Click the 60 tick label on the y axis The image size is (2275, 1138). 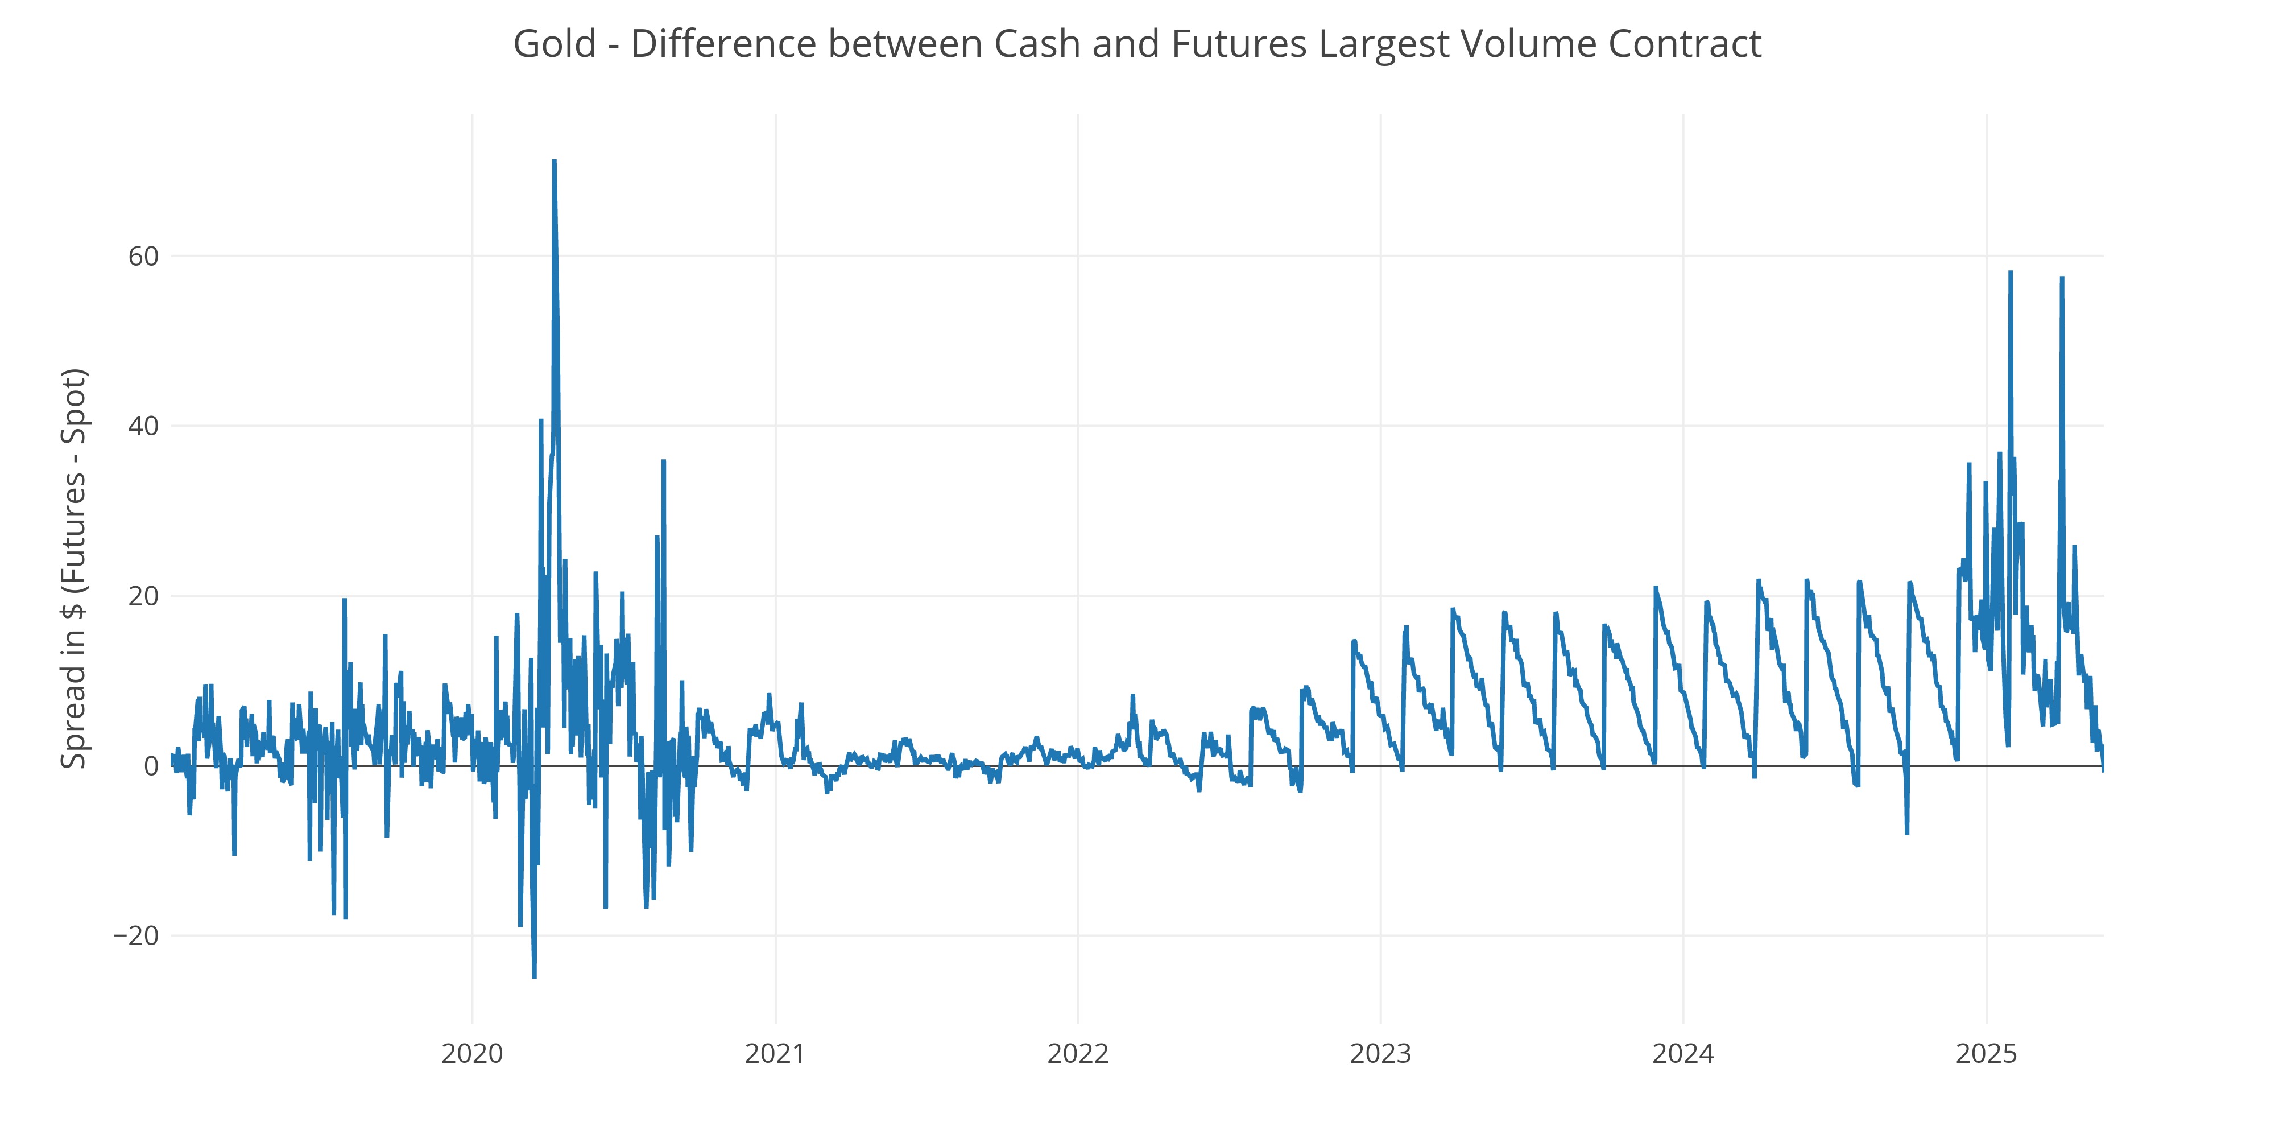pos(143,257)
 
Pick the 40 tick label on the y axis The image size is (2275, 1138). pos(143,427)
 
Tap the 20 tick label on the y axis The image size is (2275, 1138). pos(143,596)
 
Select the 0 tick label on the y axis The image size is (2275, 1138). pos(151,766)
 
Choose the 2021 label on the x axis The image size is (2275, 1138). pos(775,1053)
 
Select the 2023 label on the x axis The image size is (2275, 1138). pos(1380,1053)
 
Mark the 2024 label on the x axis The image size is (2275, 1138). pos(1683,1053)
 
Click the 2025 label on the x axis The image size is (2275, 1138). pos(1986,1053)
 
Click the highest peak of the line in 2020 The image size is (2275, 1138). pos(554,162)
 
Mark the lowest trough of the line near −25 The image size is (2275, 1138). pos(534,976)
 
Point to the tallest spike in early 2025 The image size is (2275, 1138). pos(2010,273)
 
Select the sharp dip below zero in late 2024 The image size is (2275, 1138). pos(1906,832)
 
